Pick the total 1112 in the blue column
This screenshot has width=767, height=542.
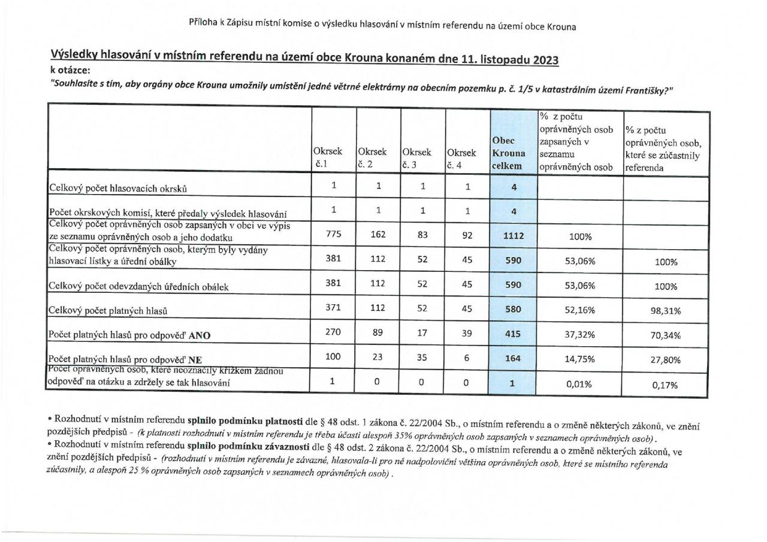[x=513, y=236]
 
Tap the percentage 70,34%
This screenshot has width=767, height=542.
[x=666, y=335]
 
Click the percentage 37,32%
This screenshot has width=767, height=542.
[x=580, y=335]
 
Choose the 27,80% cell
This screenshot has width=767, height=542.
[x=666, y=360]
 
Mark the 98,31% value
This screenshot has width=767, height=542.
[x=666, y=311]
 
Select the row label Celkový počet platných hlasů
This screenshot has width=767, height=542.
[x=108, y=311]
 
